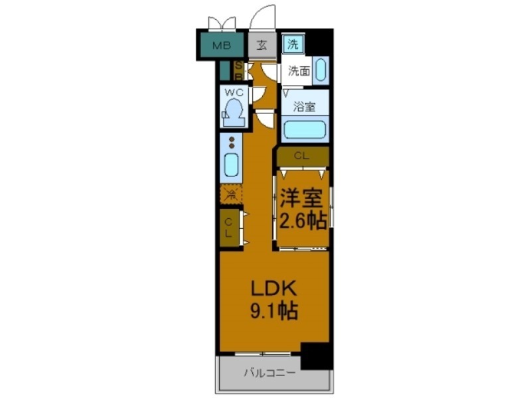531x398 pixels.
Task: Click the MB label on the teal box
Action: (x=221, y=46)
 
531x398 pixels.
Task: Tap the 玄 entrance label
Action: (x=263, y=46)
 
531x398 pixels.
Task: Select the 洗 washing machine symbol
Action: (x=293, y=45)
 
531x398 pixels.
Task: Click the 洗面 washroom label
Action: (x=298, y=71)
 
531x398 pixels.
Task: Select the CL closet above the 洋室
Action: (x=302, y=157)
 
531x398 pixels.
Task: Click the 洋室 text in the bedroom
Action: (x=303, y=198)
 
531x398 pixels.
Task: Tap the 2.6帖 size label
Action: (x=303, y=220)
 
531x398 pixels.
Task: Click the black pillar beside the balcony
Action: (x=316, y=356)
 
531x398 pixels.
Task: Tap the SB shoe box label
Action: (x=240, y=70)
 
